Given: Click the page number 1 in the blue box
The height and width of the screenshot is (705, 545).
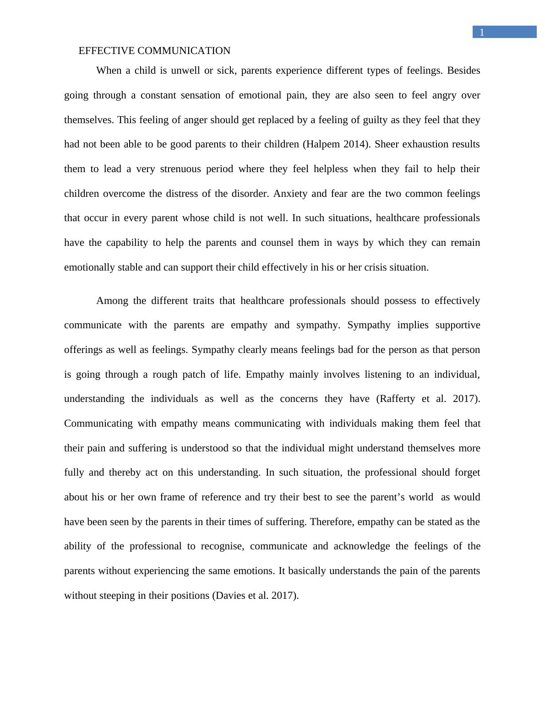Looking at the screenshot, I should pyautogui.click(x=481, y=32).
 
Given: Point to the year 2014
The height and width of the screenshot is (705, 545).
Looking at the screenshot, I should pyautogui.click(x=356, y=144).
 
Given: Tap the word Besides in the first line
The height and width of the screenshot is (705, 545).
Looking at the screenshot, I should pyautogui.click(x=463, y=70).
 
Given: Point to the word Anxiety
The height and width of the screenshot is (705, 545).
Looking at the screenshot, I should pyautogui.click(x=290, y=194).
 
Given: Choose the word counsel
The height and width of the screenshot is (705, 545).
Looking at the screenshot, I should pyautogui.click(x=277, y=243).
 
